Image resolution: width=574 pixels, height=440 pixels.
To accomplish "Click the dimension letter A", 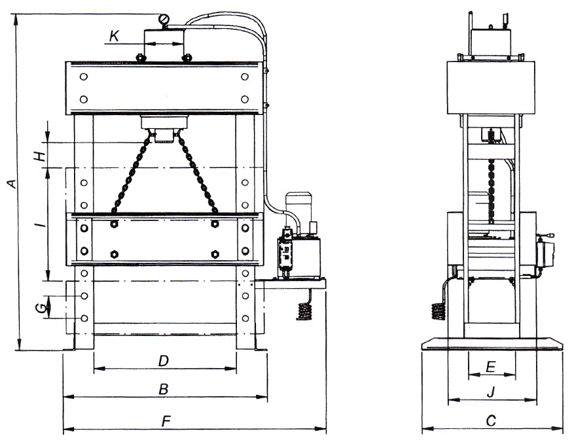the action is point(13,184).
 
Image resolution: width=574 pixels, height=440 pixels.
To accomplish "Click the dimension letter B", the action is point(164,390).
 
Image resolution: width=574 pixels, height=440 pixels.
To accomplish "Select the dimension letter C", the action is point(492,420).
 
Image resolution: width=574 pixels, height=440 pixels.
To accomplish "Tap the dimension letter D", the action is point(163,362).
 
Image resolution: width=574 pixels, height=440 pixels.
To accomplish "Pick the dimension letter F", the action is point(166,421).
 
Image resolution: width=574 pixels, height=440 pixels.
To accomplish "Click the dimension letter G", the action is point(43,309).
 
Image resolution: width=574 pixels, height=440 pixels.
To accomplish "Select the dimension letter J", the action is point(492,392).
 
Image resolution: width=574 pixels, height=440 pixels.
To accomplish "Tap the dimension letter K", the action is point(115,36).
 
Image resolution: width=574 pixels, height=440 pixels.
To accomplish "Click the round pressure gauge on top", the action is point(164,18).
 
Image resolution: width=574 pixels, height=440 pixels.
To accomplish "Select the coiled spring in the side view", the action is point(438,311).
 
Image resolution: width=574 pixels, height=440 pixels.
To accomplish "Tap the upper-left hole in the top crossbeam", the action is point(84,76).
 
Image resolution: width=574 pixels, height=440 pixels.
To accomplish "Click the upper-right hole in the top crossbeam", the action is point(245,76).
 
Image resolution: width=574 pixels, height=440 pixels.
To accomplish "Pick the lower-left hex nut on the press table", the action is point(115,254).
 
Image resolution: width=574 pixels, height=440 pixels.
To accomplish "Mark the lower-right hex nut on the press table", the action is point(215,254).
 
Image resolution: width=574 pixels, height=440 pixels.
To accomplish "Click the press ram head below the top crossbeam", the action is point(164,129).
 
